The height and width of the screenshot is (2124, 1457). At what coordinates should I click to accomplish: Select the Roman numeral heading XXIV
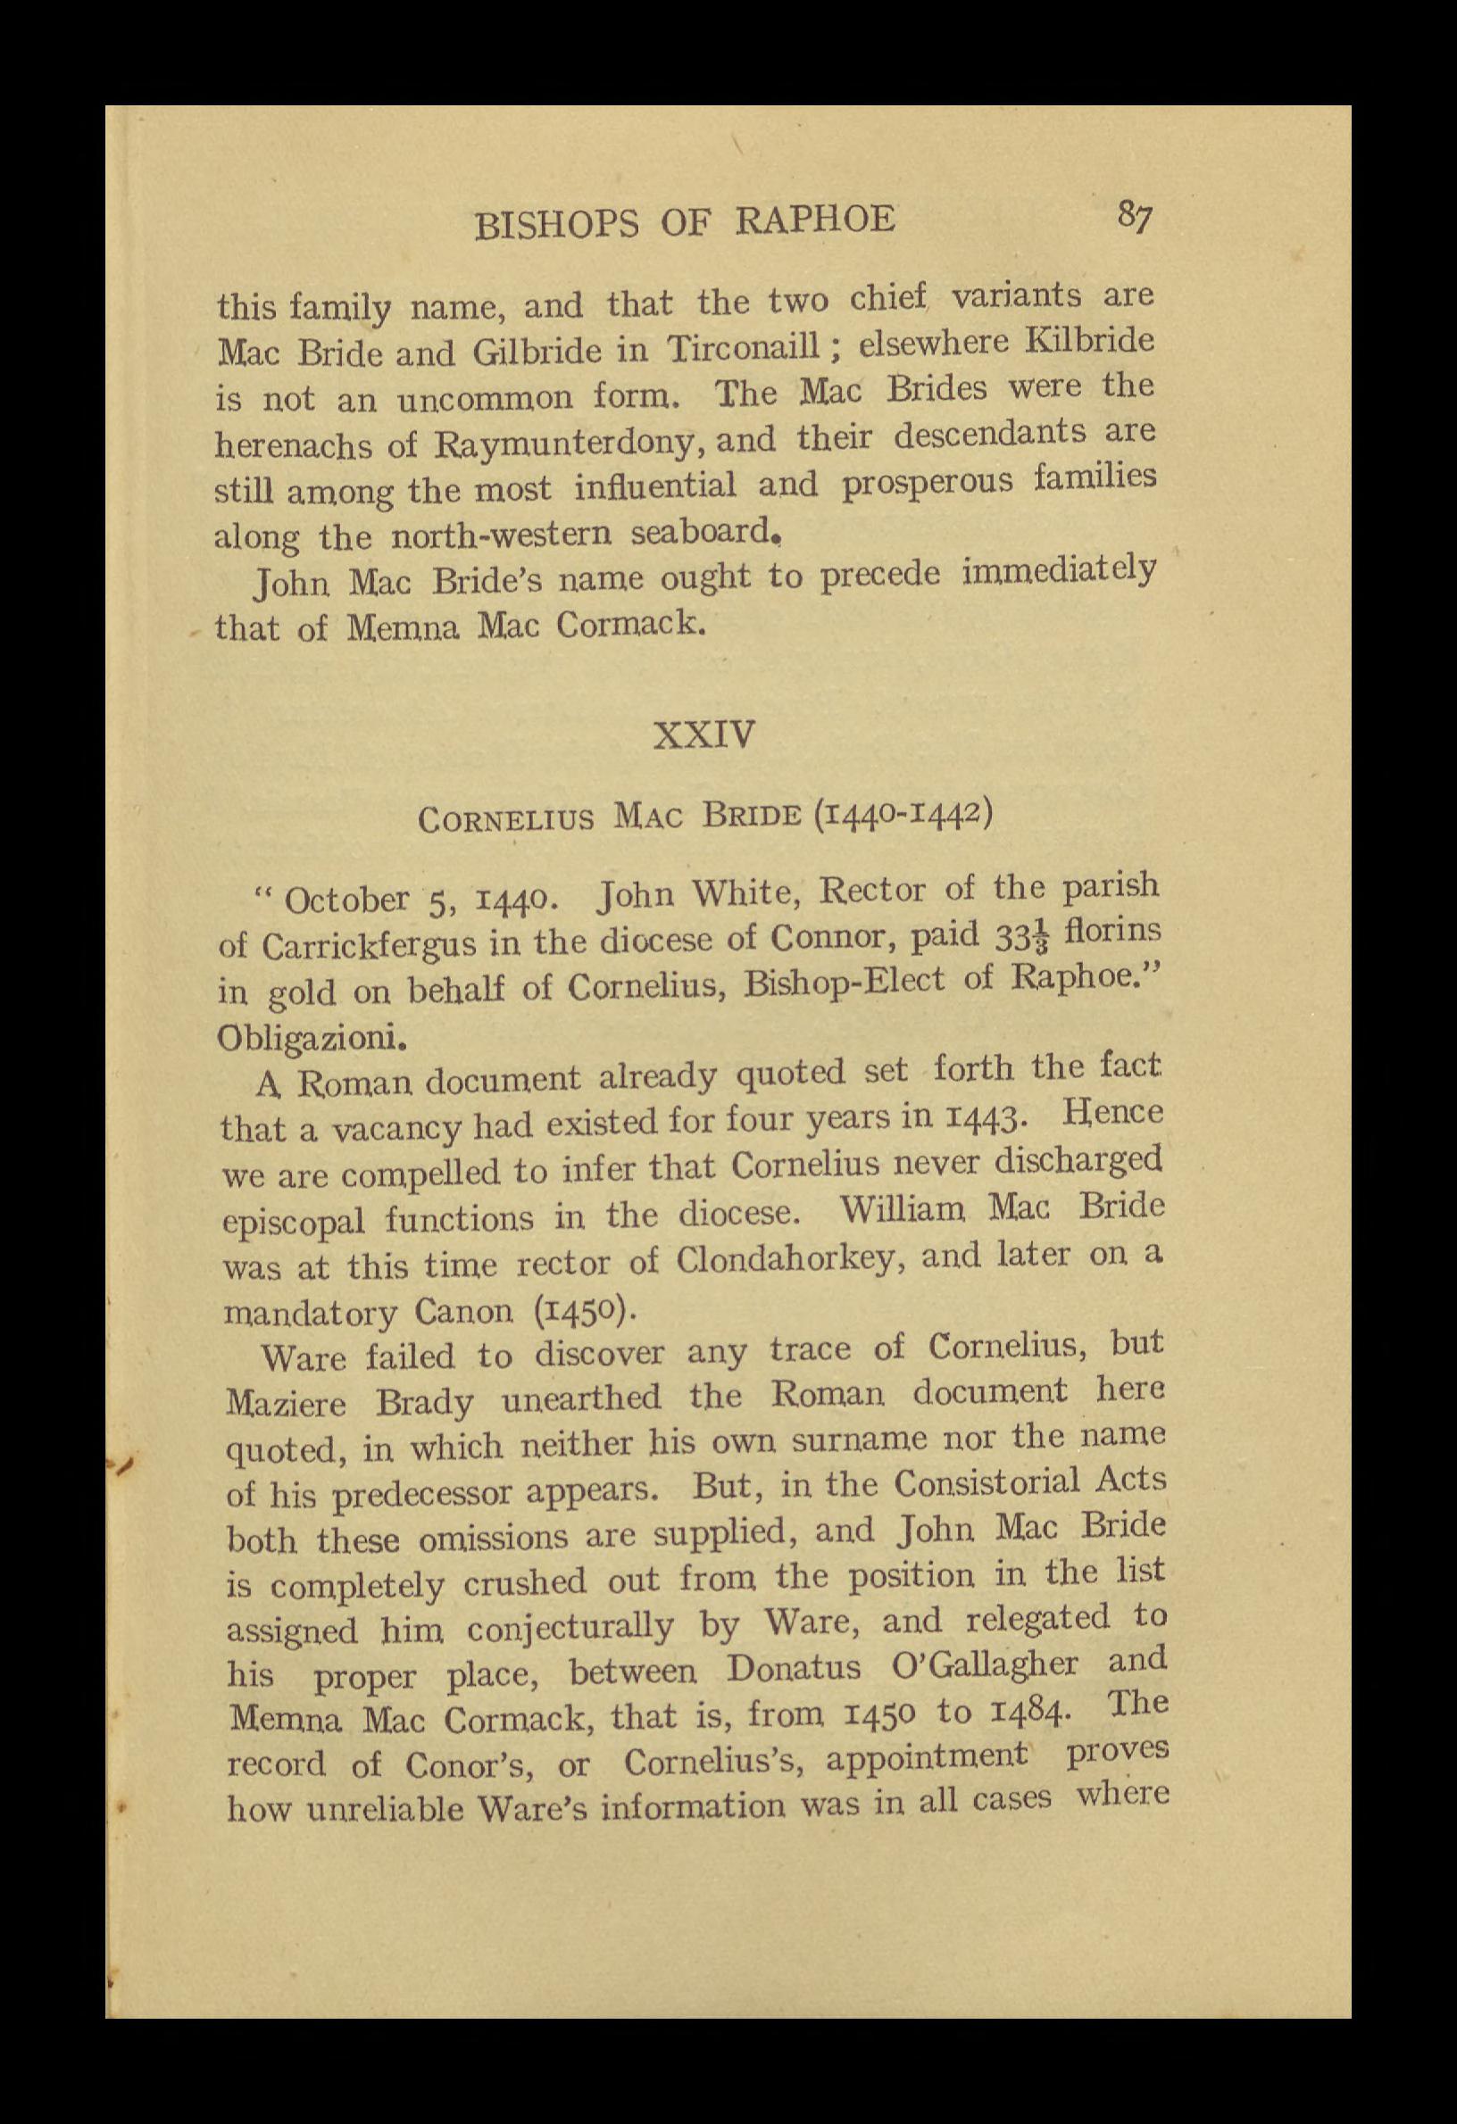704,734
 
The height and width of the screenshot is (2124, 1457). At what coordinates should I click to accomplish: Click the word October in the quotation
347,899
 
